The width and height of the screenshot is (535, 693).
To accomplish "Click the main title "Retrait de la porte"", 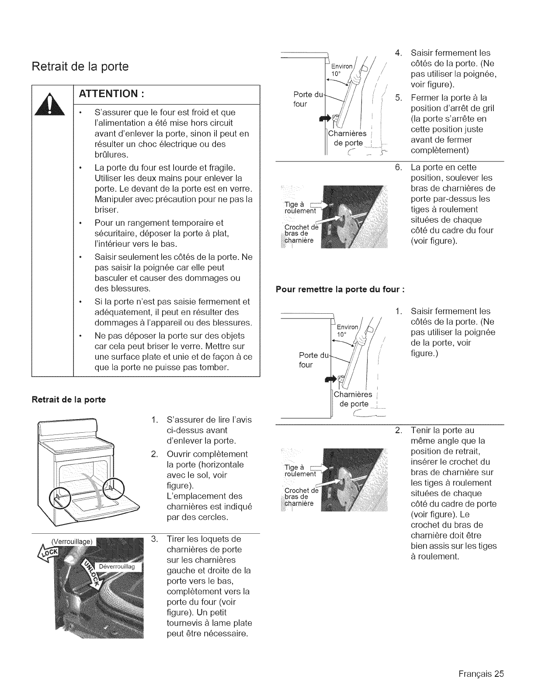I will click(x=80, y=66).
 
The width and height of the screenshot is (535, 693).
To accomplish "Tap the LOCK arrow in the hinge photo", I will click(x=49, y=554).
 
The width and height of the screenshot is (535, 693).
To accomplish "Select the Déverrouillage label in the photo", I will click(x=118, y=567).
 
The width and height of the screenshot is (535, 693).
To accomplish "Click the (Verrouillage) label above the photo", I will click(x=73, y=541).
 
